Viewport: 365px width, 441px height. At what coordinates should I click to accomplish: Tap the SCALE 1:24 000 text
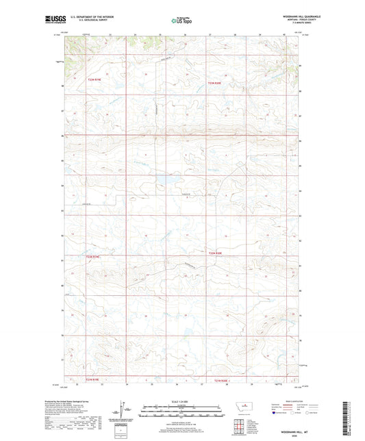(181, 401)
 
